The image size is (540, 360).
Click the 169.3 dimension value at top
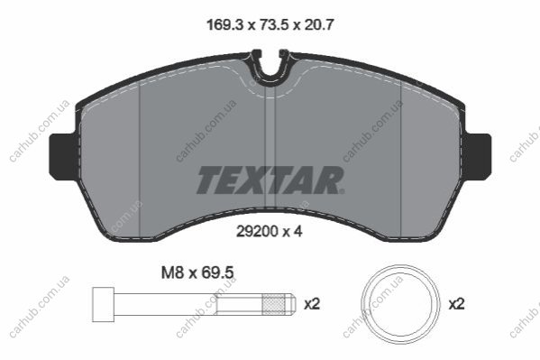point(224,25)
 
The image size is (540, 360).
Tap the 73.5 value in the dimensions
point(274,25)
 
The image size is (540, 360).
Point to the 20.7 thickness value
point(319,25)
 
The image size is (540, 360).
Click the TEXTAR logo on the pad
point(270,180)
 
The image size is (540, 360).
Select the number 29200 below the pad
point(258,231)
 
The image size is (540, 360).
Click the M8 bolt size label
point(173,273)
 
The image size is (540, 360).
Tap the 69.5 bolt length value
point(217,273)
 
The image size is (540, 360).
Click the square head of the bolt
point(104,304)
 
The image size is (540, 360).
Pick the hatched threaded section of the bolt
point(273,304)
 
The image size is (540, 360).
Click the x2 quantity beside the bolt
point(312,304)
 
